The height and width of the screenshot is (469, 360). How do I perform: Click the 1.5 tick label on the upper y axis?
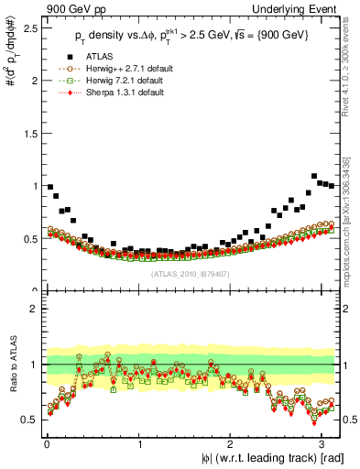[29, 133]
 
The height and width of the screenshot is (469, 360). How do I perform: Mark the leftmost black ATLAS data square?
[49, 187]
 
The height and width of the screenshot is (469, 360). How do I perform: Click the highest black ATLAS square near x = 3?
[314, 176]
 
